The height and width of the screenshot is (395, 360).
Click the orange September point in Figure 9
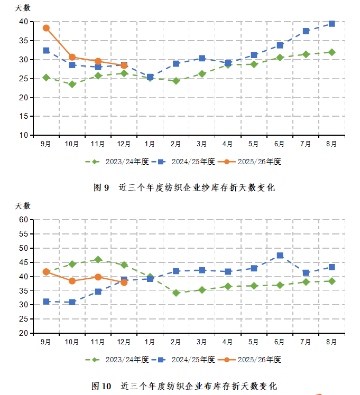point(46,28)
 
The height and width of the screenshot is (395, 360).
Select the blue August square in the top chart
point(332,24)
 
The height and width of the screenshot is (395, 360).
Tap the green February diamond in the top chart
point(176,81)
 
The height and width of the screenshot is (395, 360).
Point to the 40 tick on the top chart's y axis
point(23,22)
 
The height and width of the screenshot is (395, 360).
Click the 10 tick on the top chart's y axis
point(23,135)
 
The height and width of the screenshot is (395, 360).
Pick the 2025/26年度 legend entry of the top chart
point(251,162)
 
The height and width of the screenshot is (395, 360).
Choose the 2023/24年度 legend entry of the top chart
point(114,162)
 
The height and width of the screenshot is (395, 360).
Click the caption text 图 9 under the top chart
point(101,187)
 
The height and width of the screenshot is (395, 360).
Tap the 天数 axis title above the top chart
point(23,8)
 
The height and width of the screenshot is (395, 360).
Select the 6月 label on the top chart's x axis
point(280,144)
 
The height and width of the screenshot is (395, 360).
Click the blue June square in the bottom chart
point(280,256)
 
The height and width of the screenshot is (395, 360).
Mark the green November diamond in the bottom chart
point(98,259)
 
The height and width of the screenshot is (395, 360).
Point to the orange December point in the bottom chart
point(124,282)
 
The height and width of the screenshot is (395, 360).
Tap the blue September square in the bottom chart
point(46,302)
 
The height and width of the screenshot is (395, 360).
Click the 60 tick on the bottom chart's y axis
point(23,220)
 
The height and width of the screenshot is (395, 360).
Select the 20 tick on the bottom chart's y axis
point(23,333)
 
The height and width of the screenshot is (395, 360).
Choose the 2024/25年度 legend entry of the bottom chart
point(183,360)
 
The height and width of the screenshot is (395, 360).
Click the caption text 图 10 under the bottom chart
point(101,386)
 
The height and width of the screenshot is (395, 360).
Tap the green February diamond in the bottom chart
point(176,293)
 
